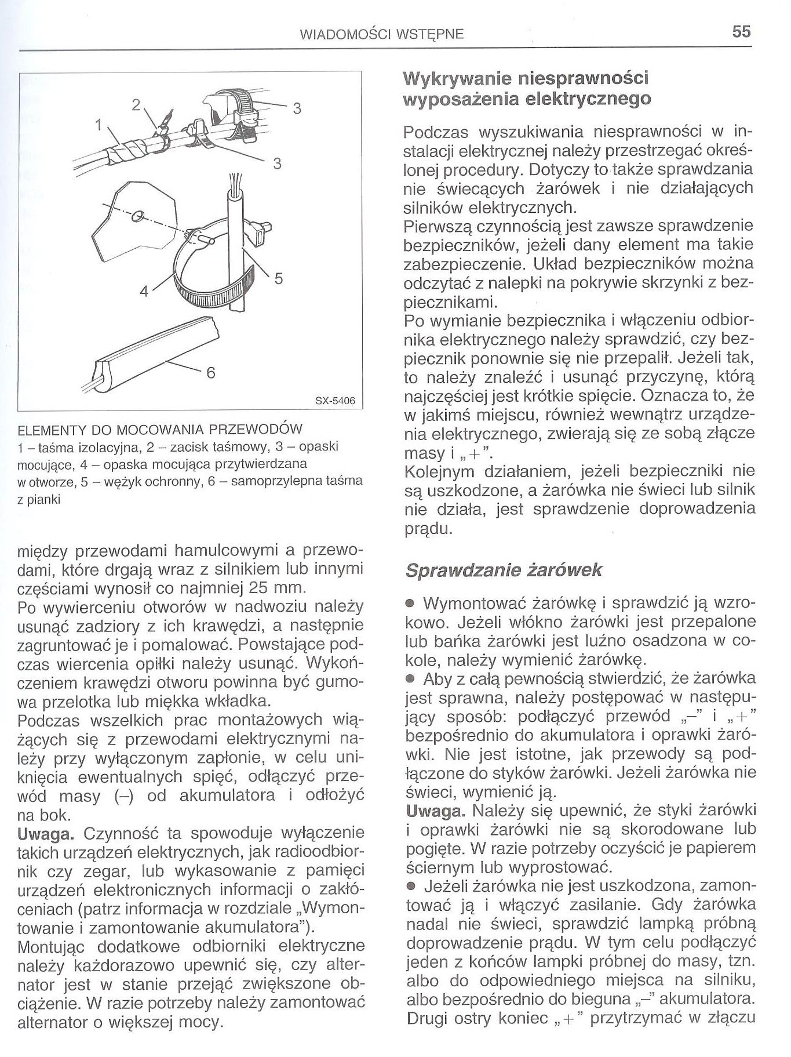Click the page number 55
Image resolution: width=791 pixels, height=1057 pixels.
click(x=741, y=31)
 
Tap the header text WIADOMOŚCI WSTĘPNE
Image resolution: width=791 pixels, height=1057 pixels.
click(x=382, y=34)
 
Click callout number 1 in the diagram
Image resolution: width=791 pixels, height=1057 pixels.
click(x=99, y=124)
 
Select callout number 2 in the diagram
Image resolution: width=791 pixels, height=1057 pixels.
click(x=136, y=105)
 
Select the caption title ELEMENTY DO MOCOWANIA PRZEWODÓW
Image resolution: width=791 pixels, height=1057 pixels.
click(x=160, y=430)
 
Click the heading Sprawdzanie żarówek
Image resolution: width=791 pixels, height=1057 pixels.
click(x=503, y=571)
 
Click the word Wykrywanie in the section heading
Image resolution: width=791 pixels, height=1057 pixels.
click(x=455, y=78)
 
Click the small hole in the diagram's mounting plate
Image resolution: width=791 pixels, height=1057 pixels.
click(x=137, y=217)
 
